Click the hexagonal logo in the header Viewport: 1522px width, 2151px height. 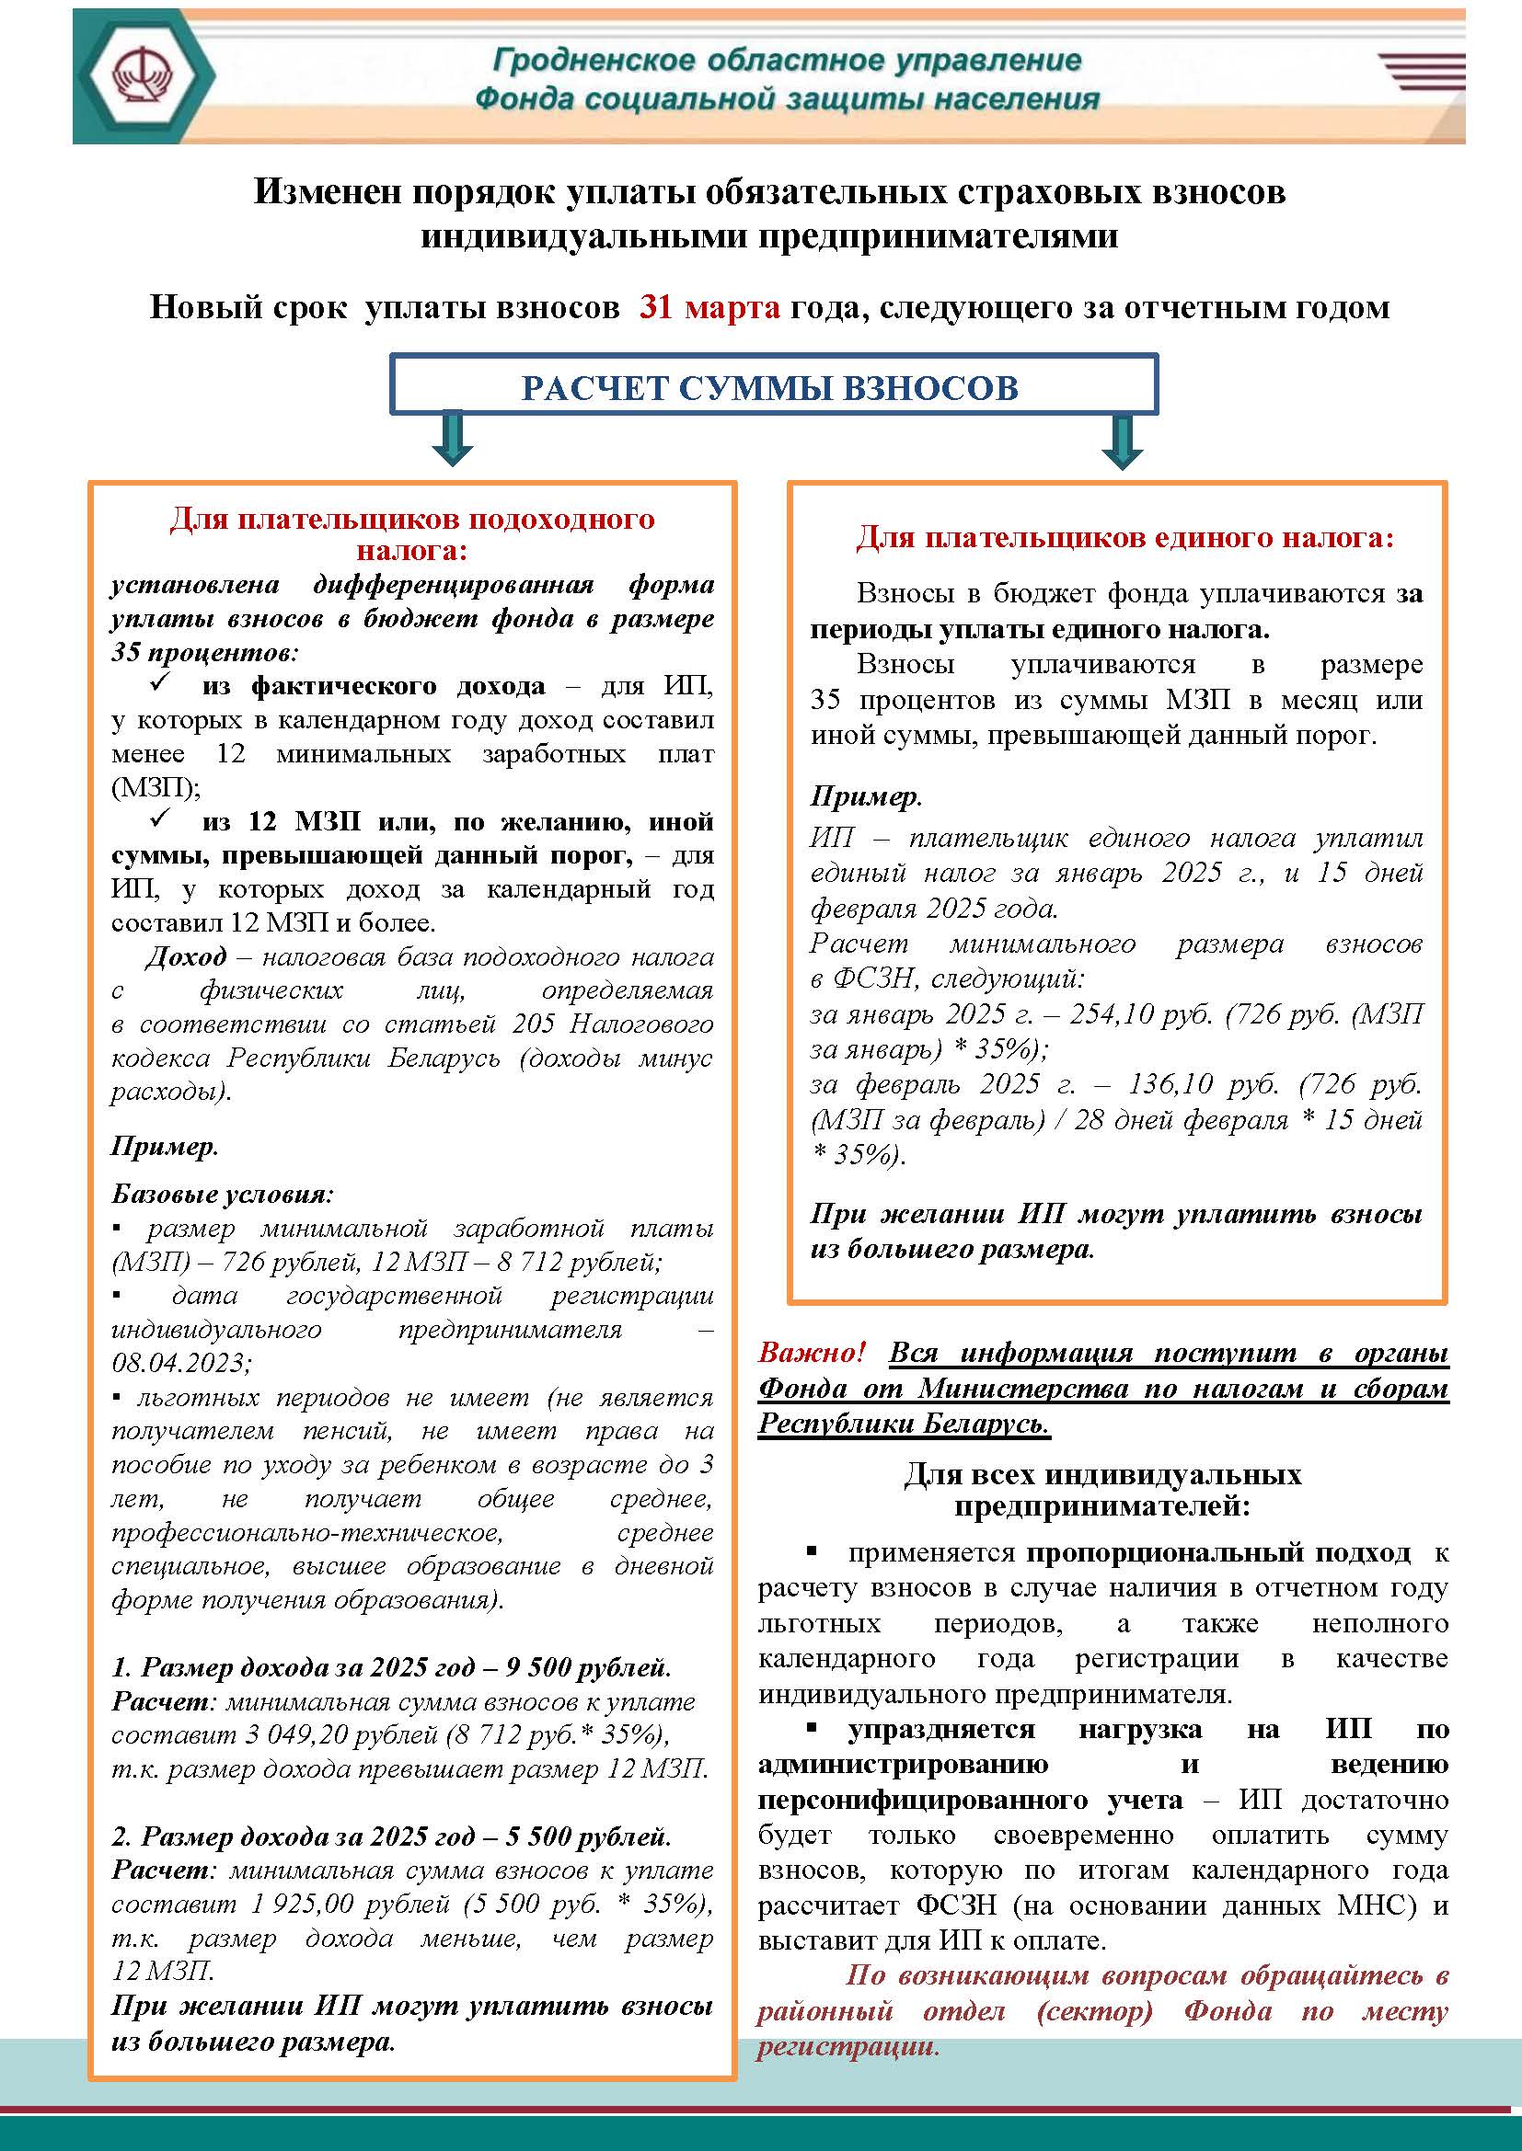tap(145, 74)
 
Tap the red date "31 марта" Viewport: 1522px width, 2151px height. tap(709, 307)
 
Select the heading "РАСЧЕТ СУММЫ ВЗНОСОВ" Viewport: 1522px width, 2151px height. tap(769, 388)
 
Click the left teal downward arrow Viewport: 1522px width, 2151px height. tap(453, 439)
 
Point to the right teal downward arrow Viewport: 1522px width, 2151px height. tap(1122, 440)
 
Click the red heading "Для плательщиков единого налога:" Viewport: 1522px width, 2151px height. tap(1124, 538)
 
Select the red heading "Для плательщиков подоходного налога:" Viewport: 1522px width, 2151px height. tap(412, 534)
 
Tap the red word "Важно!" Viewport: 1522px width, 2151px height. tap(811, 1353)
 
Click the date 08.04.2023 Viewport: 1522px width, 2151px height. tap(181, 1362)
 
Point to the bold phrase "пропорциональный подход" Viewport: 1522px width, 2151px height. tap(1217, 1553)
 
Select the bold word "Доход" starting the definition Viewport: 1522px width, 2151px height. tap(186, 956)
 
